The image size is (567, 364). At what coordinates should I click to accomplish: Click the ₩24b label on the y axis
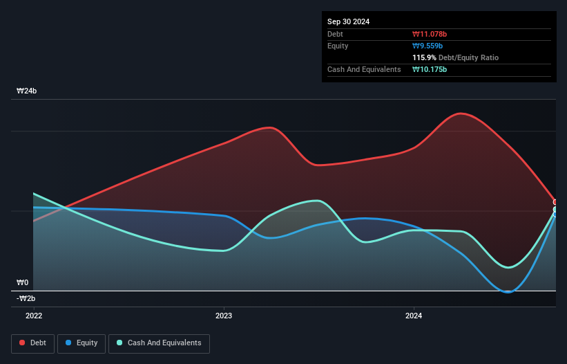click(x=27, y=91)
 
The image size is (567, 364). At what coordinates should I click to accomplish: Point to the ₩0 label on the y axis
click(x=23, y=283)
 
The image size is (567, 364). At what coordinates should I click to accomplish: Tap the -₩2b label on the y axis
click(x=26, y=298)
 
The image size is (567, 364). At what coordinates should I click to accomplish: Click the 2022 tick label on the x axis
click(x=33, y=316)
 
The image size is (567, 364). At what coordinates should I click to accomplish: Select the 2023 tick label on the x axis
click(x=224, y=316)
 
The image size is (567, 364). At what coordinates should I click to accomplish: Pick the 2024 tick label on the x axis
click(x=414, y=316)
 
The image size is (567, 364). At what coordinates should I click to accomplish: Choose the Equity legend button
click(x=81, y=343)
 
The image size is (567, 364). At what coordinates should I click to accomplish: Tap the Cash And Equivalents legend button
click(x=159, y=343)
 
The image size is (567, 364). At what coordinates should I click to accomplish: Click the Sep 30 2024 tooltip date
click(x=348, y=21)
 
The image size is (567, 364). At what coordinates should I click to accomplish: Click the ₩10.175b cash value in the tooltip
click(x=433, y=69)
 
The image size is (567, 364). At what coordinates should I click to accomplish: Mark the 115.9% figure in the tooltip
click(x=425, y=57)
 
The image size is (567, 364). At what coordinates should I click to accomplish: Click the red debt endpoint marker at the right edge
click(x=555, y=202)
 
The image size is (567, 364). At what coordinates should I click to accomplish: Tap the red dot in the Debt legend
click(x=22, y=343)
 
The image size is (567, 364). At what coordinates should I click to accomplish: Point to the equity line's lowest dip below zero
click(x=508, y=292)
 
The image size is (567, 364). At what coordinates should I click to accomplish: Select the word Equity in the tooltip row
click(x=338, y=46)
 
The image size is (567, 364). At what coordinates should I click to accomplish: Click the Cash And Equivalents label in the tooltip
click(x=364, y=69)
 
